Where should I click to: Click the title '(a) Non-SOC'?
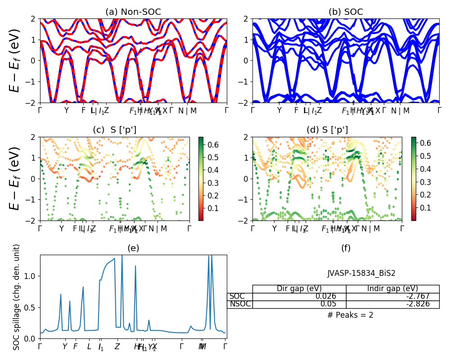pos(133,12)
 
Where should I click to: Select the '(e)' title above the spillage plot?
pos(133,248)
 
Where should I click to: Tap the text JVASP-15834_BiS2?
pos(361,273)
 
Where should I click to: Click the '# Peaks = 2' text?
pos(350,315)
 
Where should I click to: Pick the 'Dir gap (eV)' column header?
pos(299,289)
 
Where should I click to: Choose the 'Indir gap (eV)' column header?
pos(392,289)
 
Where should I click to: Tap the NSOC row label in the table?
pos(239,304)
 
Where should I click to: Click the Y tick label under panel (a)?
pos(67,110)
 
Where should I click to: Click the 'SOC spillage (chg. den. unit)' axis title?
pos(17,297)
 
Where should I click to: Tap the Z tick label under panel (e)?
pos(117,346)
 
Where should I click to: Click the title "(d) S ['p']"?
pos(327,130)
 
